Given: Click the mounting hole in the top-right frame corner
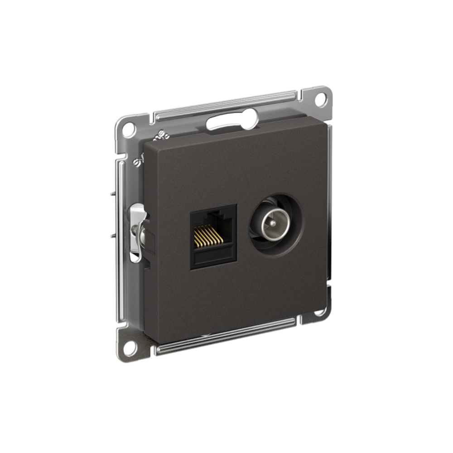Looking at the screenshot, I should (320, 99).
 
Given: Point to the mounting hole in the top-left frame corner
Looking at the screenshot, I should (129, 129).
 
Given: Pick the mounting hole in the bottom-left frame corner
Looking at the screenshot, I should (129, 348).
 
